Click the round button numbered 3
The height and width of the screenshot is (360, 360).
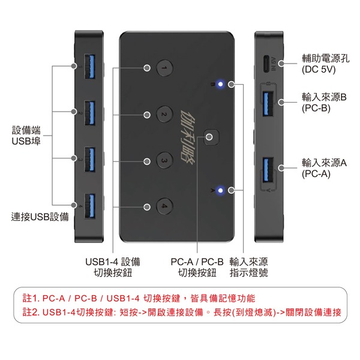(164, 160)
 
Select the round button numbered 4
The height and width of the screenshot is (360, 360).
(164, 206)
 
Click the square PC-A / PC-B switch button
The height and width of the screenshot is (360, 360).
(209, 137)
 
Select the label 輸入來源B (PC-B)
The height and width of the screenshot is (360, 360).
(324, 103)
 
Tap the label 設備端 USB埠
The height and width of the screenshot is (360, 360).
(26, 136)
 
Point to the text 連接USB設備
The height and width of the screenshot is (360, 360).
(40, 217)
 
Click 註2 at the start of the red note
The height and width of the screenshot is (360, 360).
(30, 312)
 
